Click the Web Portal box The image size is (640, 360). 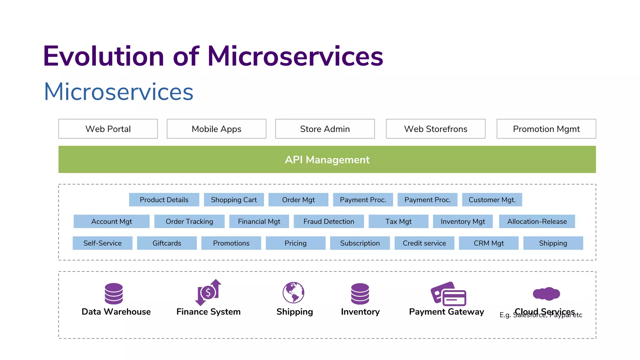coord(108,129)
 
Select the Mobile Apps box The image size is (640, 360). coord(216,129)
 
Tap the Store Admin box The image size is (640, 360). coord(325,129)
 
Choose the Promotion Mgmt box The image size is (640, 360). coord(546,129)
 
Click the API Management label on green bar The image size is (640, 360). coord(327,160)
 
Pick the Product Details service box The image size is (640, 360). coord(164,200)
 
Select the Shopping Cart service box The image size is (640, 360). coord(234,200)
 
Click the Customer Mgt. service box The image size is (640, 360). coord(492,200)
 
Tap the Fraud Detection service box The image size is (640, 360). coord(329,221)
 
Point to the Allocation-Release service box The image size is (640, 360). coord(537,221)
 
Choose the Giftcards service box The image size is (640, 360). coord(167,243)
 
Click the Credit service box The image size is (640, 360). coord(424,243)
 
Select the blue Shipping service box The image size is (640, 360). coord(553,243)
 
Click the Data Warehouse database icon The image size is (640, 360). coord(114,293)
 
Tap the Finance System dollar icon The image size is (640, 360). coord(208,292)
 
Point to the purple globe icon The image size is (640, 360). coord(293,292)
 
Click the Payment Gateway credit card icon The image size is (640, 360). coord(448,294)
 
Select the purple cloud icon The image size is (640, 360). coord(546,293)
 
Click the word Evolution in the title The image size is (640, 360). coord(103,56)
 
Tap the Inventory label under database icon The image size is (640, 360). coord(360,312)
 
